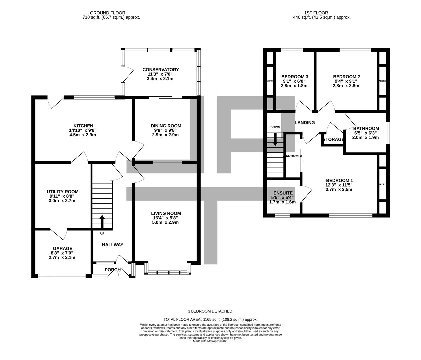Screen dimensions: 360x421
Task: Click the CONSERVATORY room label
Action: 160,70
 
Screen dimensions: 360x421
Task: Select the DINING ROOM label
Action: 166,126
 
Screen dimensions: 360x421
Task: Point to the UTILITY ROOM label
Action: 62,191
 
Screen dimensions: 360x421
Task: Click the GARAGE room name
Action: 62,248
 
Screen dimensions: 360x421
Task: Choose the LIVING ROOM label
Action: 166,213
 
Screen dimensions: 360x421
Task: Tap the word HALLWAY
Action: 112,245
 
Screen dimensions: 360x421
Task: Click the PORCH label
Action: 112,270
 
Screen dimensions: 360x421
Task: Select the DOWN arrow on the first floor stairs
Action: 275,139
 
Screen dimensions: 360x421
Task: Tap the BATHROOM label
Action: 366,128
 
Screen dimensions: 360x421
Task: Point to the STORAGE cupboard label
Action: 333,139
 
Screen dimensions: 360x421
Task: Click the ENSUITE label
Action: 283,193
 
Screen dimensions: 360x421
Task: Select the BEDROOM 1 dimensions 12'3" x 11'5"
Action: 339,185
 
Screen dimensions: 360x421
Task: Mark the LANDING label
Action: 305,123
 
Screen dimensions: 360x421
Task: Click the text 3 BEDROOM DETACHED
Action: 210,311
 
